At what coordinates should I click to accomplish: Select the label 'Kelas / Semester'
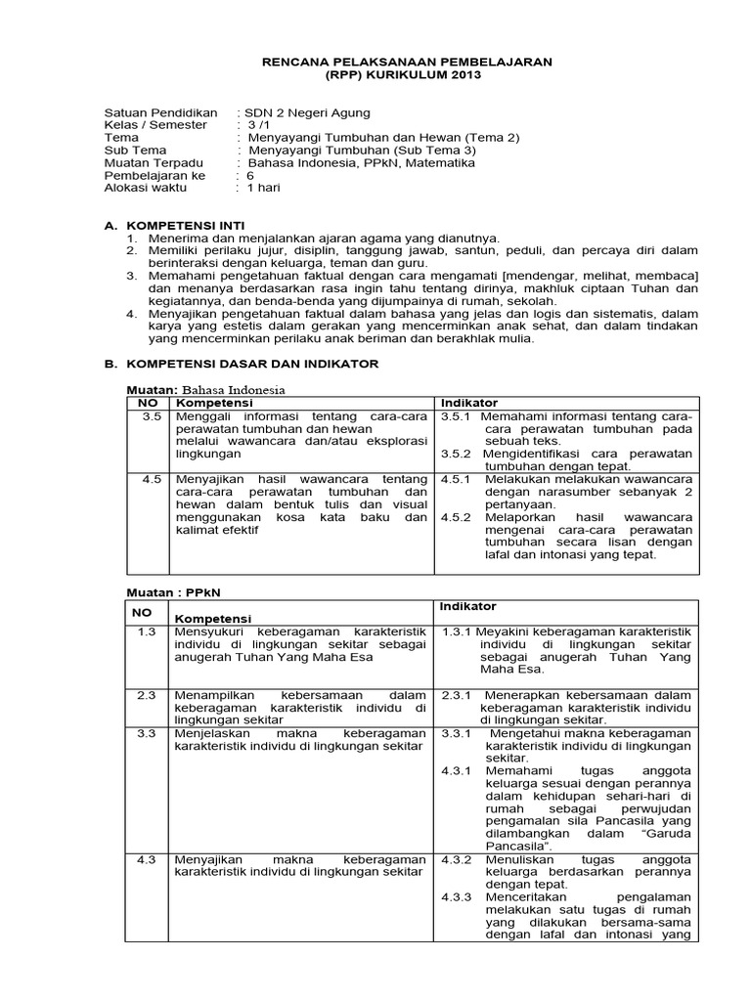coord(155,125)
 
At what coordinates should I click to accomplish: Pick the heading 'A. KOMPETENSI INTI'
coord(175,225)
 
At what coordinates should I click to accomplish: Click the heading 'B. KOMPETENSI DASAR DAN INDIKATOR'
coord(242,364)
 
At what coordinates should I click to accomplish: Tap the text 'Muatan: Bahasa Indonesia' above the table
coord(208,389)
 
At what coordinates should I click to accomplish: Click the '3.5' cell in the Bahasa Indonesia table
coord(151,417)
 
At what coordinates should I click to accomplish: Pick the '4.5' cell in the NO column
coord(151,479)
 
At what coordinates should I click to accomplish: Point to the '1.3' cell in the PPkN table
coord(148,631)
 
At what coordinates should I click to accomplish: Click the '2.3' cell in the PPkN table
coord(148,694)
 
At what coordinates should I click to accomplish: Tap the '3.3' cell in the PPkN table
coord(148,732)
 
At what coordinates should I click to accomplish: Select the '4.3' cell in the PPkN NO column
coord(148,859)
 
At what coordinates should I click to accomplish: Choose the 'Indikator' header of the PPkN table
coord(467,607)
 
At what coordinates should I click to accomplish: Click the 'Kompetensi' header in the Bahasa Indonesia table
coord(214,403)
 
